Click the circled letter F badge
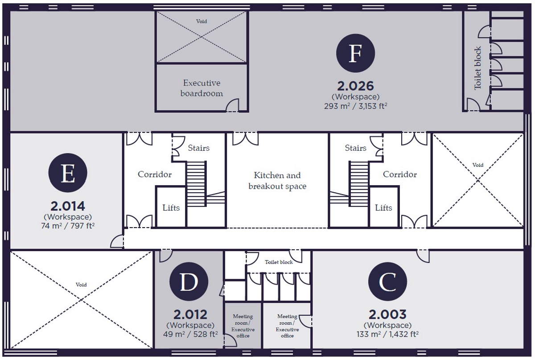coord(355,53)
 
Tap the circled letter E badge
coord(68,173)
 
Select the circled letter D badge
coord(189,281)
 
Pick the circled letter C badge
coord(387,281)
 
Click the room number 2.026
coord(355,86)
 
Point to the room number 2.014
coord(68,206)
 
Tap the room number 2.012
coord(190,314)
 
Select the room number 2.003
coord(387,314)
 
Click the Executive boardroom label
coord(202,88)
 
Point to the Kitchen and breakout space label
coord(277,181)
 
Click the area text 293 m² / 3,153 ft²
coord(355,106)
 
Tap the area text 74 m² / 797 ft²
coord(68,226)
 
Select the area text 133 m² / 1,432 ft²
coord(387,334)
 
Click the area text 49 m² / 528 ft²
coord(190,334)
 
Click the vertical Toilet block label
coord(477,68)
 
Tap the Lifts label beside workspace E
coord(171,208)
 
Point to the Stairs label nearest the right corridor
coord(355,148)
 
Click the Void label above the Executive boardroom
coord(202,21)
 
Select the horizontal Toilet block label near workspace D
coord(279,262)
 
